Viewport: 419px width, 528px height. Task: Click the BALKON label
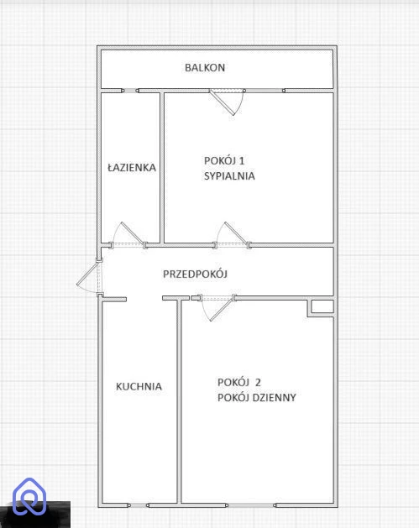click(205, 68)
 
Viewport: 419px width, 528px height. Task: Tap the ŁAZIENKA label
click(132, 167)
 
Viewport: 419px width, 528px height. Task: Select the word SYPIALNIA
click(229, 176)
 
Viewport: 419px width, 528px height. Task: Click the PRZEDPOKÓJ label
click(195, 274)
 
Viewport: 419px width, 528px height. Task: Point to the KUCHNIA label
click(139, 386)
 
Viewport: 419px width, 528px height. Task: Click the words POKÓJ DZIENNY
click(257, 398)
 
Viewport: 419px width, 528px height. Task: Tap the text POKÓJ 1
click(224, 160)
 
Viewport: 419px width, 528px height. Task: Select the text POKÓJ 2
click(239, 383)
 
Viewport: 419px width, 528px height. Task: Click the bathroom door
click(128, 235)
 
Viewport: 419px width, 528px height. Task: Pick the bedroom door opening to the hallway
click(233, 235)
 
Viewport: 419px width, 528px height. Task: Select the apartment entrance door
click(89, 277)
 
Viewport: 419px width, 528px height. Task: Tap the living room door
click(217, 307)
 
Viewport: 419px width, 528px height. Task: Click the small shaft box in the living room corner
click(322, 307)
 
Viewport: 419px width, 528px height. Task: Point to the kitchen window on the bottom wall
click(139, 505)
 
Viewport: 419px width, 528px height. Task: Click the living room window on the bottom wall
click(251, 505)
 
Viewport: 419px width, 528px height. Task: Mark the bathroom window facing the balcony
click(130, 91)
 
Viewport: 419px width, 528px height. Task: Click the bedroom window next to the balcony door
click(264, 91)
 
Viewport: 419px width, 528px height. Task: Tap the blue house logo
click(29, 496)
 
